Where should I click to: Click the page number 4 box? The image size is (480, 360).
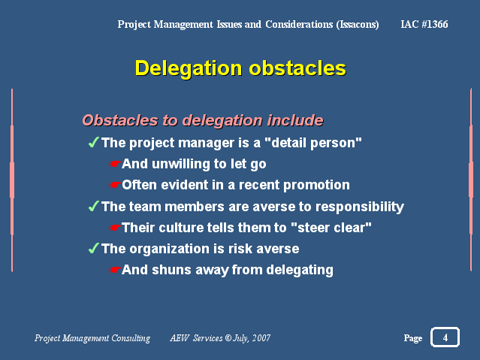pos(445,337)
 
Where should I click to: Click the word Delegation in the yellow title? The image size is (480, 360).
pos(189,68)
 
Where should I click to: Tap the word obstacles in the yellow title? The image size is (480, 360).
pos(297,68)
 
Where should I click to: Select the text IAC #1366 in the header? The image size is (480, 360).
pos(424,24)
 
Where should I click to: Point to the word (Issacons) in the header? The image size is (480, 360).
pos(358,25)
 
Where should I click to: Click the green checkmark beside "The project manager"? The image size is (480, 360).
pos(93,142)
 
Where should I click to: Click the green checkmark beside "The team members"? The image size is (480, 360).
pos(93,206)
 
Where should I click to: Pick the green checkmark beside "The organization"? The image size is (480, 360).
pos(93,248)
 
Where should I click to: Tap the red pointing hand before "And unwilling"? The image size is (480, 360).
pos(114,164)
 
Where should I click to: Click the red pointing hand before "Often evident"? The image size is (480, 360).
pos(114,185)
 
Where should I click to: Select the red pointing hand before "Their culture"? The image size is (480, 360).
pos(114,228)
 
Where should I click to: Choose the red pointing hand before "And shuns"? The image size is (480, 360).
pos(114,270)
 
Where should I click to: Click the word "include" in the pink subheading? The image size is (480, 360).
pos(295,120)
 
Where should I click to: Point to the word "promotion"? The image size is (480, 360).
pos(316,186)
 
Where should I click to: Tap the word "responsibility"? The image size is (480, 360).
pos(360,207)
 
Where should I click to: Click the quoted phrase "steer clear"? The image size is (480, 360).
pos(331,227)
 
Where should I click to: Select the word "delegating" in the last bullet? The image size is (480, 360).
pos(300,271)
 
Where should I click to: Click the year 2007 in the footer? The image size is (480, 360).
pos(261,338)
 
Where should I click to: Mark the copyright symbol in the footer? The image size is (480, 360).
pos(228,338)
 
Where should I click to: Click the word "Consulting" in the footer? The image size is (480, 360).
pos(131,338)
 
